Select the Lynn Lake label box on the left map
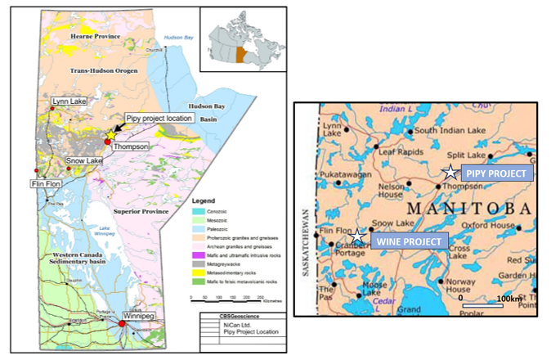click(x=69, y=101)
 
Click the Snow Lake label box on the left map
click(x=84, y=161)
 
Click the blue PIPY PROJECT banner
click(x=497, y=173)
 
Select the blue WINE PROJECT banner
click(x=410, y=241)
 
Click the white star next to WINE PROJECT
click(x=358, y=238)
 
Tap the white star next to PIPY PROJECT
click(x=449, y=172)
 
